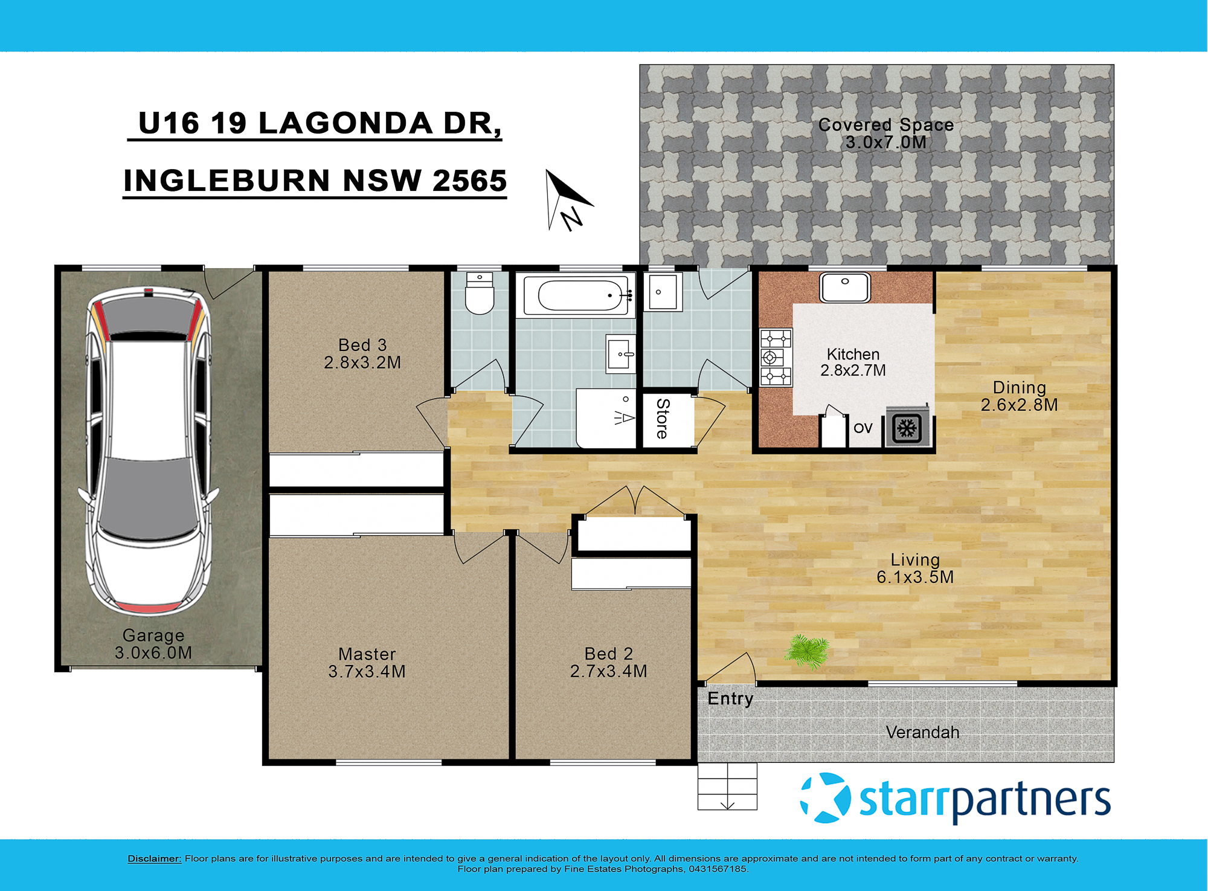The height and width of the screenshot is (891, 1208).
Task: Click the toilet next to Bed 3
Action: [x=480, y=294]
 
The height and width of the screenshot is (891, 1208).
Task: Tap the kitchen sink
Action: [x=844, y=287]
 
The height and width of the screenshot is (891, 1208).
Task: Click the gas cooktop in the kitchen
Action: [x=776, y=357]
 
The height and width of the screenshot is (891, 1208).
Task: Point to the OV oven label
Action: [x=863, y=428]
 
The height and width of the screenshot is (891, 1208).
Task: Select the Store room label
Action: [x=663, y=418]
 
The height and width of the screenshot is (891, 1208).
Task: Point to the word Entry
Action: [x=730, y=699]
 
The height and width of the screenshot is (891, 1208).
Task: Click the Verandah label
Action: [x=922, y=733]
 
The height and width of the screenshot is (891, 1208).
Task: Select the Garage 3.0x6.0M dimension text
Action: [x=153, y=653]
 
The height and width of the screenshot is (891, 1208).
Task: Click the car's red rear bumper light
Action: [x=147, y=606]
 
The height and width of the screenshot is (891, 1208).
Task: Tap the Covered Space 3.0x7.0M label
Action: [x=885, y=133]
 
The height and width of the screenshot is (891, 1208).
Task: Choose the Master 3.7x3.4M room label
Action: [x=367, y=663]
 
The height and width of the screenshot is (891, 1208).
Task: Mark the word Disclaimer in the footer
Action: [x=154, y=858]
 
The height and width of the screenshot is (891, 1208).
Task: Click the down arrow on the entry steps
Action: [x=727, y=804]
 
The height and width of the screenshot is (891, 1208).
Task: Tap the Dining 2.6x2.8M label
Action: [x=1019, y=396]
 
